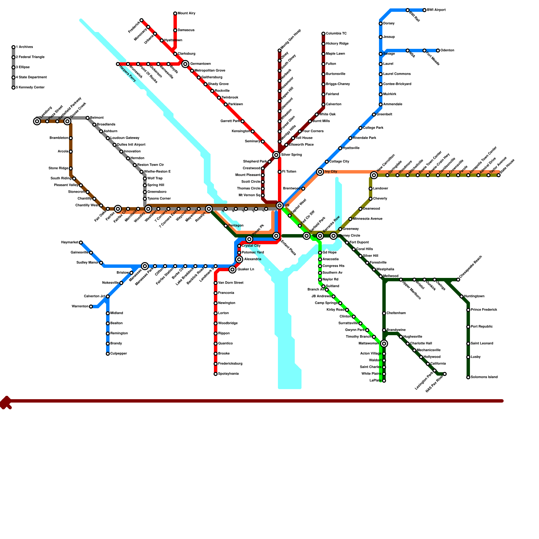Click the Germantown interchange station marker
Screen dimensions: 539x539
tap(185, 64)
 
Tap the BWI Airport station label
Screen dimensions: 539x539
tap(436, 10)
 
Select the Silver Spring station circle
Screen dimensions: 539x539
tap(276, 155)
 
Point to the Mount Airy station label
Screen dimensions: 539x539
tap(186, 13)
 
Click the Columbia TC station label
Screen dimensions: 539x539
tap(336, 34)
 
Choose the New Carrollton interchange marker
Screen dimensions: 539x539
tap(374, 175)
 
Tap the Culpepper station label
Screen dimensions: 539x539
tap(119, 354)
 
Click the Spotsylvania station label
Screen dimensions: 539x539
tap(228, 374)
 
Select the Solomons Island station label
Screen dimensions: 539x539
tap(484, 377)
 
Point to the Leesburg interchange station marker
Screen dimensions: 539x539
tap(37, 121)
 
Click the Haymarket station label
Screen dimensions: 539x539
tap(70, 243)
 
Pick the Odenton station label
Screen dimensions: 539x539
tap(447, 51)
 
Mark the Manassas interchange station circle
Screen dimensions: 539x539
tap(145, 266)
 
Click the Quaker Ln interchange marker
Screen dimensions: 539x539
tap(232, 269)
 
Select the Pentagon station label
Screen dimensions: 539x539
tap(236, 226)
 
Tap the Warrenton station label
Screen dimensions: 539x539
tap(80, 307)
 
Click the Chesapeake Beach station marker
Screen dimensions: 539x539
tap(458, 280)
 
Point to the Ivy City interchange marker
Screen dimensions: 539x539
tap(320, 172)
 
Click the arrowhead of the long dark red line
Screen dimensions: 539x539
tap(5, 402)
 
